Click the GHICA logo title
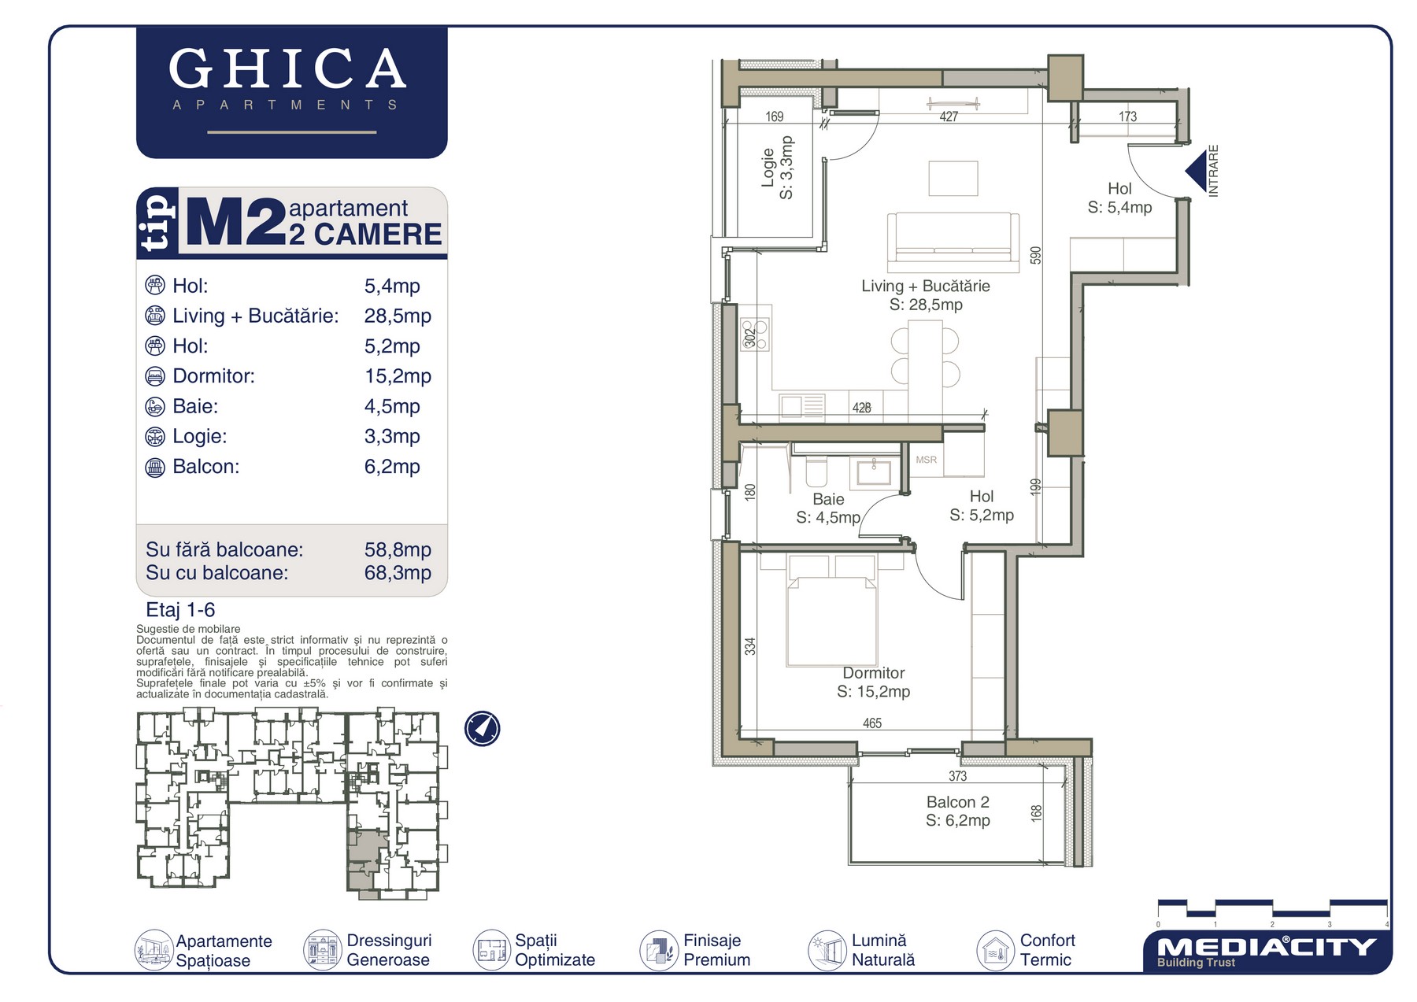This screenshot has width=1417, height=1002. [287, 68]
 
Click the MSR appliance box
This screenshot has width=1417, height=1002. [927, 460]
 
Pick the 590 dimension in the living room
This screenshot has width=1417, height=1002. [1036, 255]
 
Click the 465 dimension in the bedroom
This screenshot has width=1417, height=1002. [872, 723]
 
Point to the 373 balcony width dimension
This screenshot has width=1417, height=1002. [957, 776]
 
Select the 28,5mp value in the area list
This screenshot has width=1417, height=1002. [398, 316]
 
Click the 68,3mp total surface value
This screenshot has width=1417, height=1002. [398, 573]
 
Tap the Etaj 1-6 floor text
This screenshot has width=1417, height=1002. [180, 610]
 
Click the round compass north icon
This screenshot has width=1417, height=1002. [482, 729]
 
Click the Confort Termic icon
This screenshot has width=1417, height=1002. [995, 950]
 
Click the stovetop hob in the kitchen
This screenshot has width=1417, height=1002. [755, 334]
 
